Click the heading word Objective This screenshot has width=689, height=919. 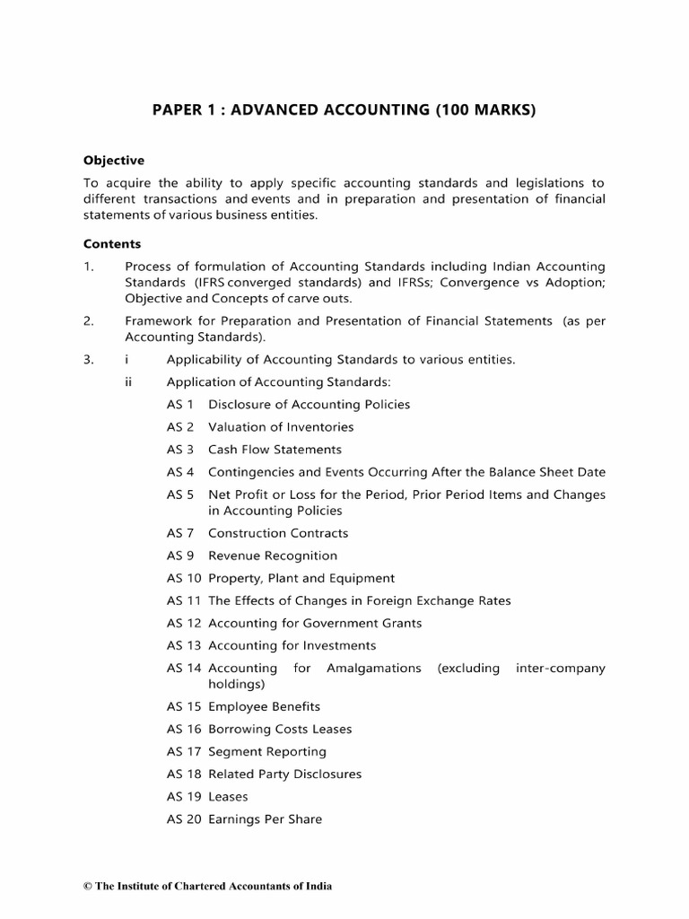pyautogui.click(x=114, y=161)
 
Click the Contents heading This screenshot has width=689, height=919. pyautogui.click(x=112, y=243)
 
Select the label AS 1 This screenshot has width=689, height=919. pyautogui.click(x=180, y=405)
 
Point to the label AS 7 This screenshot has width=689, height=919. pyautogui.click(x=180, y=533)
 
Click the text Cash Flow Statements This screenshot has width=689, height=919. pyautogui.click(x=275, y=450)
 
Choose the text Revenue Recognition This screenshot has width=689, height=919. pyautogui.click(x=273, y=556)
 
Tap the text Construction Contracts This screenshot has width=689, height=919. pyautogui.click(x=278, y=533)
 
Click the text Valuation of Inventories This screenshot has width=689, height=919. pyautogui.click(x=281, y=427)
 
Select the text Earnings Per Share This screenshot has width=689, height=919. pyautogui.click(x=265, y=819)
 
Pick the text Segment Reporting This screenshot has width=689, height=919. pyautogui.click(x=267, y=752)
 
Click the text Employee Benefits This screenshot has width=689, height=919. pyautogui.click(x=264, y=707)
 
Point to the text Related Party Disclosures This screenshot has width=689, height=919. pyautogui.click(x=284, y=775)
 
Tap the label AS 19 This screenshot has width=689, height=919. pyautogui.click(x=184, y=797)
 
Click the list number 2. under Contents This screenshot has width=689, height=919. pyautogui.click(x=89, y=320)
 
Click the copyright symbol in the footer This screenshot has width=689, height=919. pyautogui.click(x=87, y=887)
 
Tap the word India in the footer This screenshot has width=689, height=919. pyautogui.click(x=317, y=887)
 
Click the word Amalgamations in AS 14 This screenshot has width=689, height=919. pyautogui.click(x=374, y=669)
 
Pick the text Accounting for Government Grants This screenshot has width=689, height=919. pyautogui.click(x=315, y=623)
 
